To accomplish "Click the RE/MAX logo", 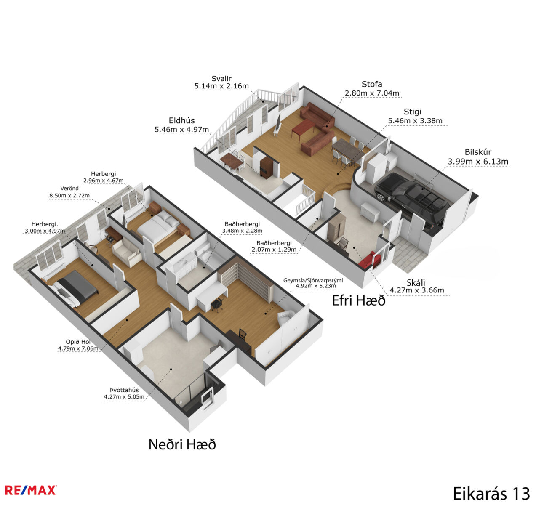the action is pos(31,490).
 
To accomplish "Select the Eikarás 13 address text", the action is pos(491,493).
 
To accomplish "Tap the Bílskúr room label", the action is pos(478,152).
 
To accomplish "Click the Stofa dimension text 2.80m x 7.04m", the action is pos(372,93).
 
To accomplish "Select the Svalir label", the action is pos(221,79).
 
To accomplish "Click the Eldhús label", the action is pos(181,120).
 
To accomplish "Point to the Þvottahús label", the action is pos(124,390).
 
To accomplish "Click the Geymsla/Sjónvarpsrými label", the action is pos(313,280).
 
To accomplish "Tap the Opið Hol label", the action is pos(78,342).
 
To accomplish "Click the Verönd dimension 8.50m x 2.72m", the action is pos(69,195).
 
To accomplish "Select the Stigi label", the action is pos(412,112).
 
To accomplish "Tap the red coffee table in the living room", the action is pos(303,128).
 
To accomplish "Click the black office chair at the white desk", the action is pos(216,305).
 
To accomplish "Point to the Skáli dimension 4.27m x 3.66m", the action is pos(417,290).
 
